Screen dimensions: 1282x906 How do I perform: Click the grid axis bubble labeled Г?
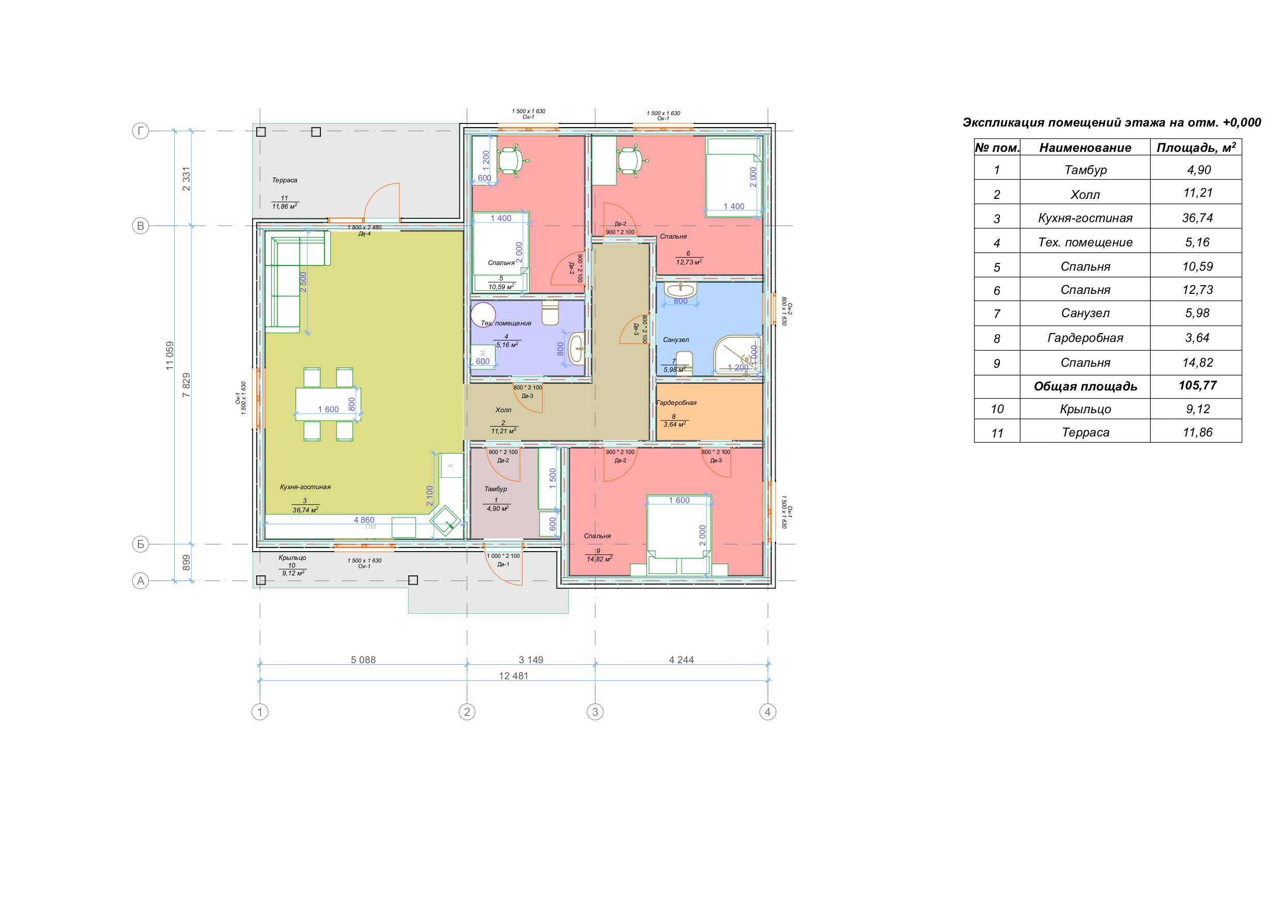tap(140, 131)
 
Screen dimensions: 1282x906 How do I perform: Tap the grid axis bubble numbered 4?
tap(768, 712)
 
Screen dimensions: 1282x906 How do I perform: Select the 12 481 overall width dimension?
tap(513, 676)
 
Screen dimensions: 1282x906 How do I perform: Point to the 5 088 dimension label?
tap(363, 660)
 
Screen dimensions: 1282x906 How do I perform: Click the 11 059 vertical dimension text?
tap(169, 355)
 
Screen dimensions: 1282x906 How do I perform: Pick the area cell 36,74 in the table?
tap(1197, 217)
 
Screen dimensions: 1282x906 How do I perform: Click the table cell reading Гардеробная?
tap(1085, 338)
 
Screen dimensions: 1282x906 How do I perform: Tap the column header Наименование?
tap(1085, 147)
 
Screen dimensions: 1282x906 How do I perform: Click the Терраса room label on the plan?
tap(284, 180)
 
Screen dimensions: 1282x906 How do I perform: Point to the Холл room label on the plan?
tap(503, 410)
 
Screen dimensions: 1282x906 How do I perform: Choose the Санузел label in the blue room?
tap(675, 339)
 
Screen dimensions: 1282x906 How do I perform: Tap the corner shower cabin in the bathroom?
tap(737, 355)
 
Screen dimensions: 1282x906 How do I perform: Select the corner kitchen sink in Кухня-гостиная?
tap(445, 521)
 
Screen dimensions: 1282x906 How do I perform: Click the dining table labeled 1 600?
tap(328, 404)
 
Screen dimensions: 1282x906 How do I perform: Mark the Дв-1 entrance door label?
tap(503, 565)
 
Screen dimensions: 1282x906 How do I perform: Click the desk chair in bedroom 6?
tap(630, 161)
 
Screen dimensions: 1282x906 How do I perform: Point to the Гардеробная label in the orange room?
tap(676, 402)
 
